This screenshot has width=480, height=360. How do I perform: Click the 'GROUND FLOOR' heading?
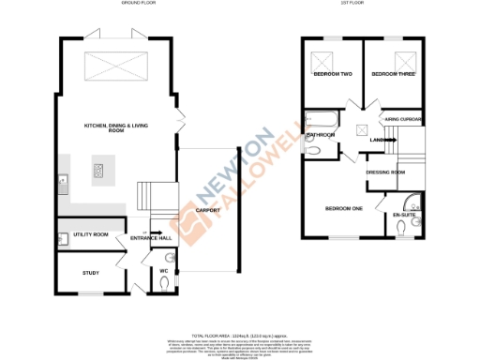point(138,5)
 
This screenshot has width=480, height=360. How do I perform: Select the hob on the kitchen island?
point(97,171)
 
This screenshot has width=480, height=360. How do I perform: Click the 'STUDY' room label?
point(90,273)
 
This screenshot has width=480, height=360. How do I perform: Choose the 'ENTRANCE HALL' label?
point(150,239)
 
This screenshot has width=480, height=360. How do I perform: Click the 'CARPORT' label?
point(208,211)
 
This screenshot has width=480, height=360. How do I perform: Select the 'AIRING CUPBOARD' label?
point(404,119)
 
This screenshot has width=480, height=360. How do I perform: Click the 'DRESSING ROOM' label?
point(384,172)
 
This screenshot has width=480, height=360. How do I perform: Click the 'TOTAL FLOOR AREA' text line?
point(239,335)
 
